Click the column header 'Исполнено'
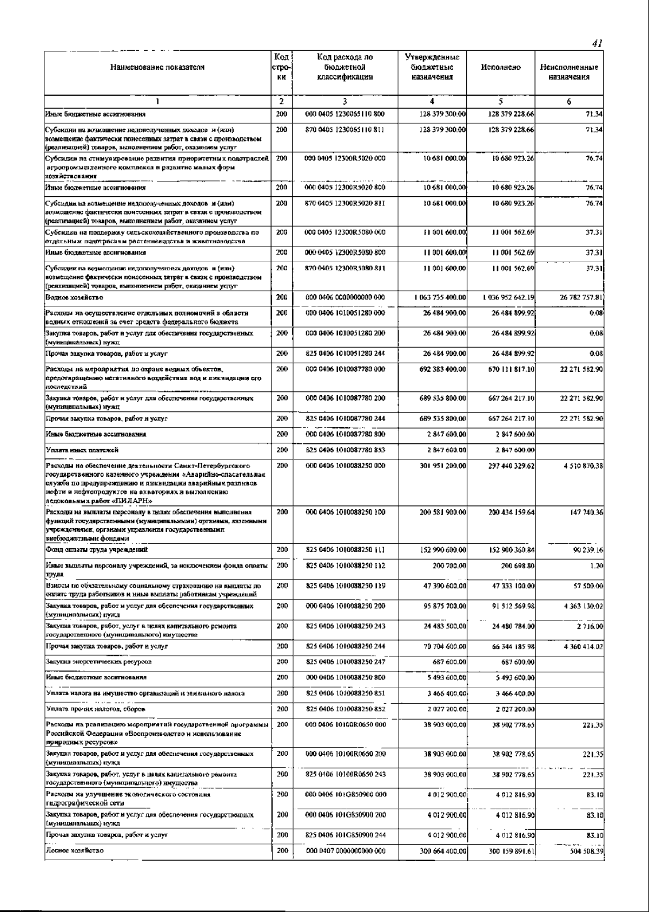tap(500, 68)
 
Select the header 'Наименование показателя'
tap(157, 68)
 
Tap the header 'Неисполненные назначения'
tap(569, 72)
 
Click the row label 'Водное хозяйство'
tap(74, 297)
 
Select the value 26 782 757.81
tap(579, 297)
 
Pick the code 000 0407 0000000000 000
tap(346, 851)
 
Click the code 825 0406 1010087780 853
tap(346, 450)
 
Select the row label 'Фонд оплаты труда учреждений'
tap(97, 550)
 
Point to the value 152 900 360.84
tap(511, 550)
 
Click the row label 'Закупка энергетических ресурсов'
tap(98, 662)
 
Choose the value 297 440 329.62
tap(511, 465)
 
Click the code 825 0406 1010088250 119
tap(346, 585)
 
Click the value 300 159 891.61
tap(511, 851)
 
